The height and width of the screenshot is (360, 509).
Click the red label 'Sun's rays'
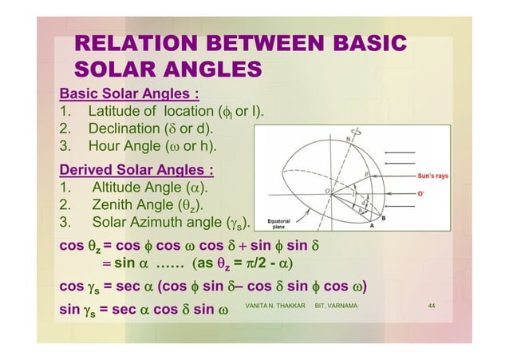pos(436,175)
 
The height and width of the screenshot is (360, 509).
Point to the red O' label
pos(423,193)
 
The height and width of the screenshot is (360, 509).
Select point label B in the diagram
pos(384,217)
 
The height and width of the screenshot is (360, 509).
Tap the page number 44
pos(432,306)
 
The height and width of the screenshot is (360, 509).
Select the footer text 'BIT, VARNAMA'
pos(336,306)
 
